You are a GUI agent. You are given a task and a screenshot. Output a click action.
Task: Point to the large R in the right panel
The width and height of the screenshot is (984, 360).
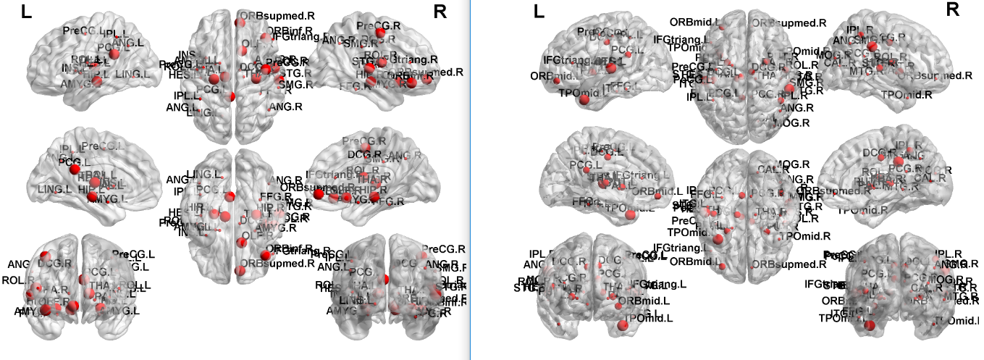(953, 9)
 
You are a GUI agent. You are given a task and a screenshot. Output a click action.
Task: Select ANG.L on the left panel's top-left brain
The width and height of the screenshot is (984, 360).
(120, 43)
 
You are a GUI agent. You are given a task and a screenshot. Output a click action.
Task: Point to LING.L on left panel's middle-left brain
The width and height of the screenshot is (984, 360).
(55, 189)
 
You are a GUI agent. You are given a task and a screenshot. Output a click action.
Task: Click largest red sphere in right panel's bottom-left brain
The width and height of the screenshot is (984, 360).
(622, 325)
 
